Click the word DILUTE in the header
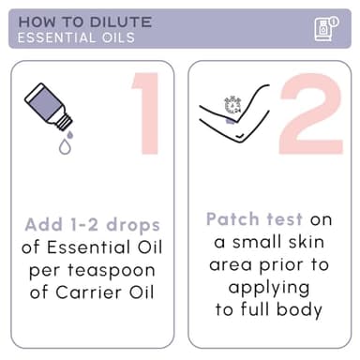(x=121, y=22)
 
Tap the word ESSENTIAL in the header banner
(x=52, y=37)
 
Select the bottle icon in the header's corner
(x=326, y=29)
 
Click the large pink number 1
(x=147, y=113)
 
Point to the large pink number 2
(x=311, y=113)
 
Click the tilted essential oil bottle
(x=49, y=107)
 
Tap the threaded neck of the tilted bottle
(x=65, y=122)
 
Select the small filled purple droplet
(x=70, y=134)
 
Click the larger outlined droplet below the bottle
(x=65, y=146)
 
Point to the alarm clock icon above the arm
(x=232, y=105)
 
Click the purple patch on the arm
(x=232, y=121)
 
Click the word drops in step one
(x=133, y=226)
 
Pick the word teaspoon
(x=112, y=271)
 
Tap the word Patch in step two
(x=232, y=218)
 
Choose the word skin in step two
(x=307, y=242)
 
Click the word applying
(x=269, y=288)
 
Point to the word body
(x=299, y=310)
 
